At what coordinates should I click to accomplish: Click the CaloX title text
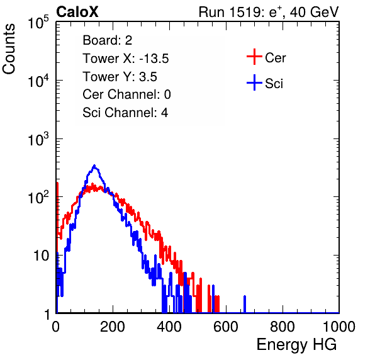pos(77,12)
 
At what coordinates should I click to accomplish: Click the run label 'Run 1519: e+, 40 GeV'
pos(269,12)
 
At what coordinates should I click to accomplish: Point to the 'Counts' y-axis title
pos(9,49)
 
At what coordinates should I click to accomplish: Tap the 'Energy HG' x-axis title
pos(296,344)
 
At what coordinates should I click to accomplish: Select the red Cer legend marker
pos(254,57)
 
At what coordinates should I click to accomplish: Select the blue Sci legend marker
pos(254,82)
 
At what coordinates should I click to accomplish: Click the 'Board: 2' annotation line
pos(108,40)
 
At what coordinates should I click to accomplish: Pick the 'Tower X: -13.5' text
pos(126,59)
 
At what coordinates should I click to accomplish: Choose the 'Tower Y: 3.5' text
pos(120,77)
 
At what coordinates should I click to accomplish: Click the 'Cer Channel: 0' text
pos(126,94)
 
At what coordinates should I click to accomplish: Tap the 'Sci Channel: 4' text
pos(125,113)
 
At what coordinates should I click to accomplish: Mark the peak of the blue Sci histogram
pos(94,166)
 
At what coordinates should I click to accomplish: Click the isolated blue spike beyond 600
pos(245,304)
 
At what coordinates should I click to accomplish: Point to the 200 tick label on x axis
pos(113,327)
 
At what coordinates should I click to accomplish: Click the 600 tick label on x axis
pos(226,327)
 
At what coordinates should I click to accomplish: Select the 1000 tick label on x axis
pos(339,327)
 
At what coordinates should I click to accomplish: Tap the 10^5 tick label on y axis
pos(38,23)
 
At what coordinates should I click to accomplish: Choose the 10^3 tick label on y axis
pos(38,139)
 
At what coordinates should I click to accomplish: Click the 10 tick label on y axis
pos(41,256)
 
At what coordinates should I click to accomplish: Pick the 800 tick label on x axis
pos(283,327)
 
